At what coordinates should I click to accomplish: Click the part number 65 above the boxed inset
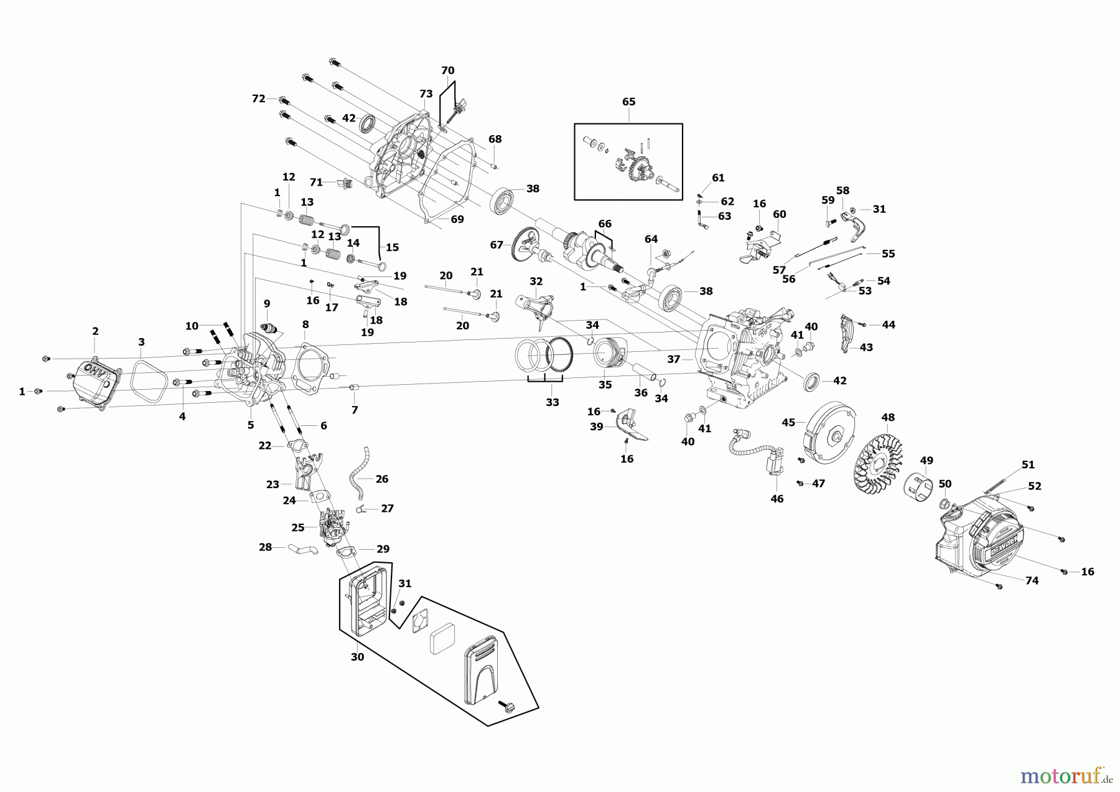click(x=628, y=102)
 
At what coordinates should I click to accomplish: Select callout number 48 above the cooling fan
click(x=888, y=417)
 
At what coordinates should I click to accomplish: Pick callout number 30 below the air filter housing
click(x=357, y=657)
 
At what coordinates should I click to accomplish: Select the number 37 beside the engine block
click(x=673, y=359)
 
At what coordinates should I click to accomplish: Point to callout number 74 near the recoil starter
click(x=1032, y=580)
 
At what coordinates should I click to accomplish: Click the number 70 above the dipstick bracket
click(x=447, y=70)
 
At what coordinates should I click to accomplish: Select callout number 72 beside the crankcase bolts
click(x=259, y=98)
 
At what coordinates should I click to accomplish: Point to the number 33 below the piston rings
click(x=553, y=402)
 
